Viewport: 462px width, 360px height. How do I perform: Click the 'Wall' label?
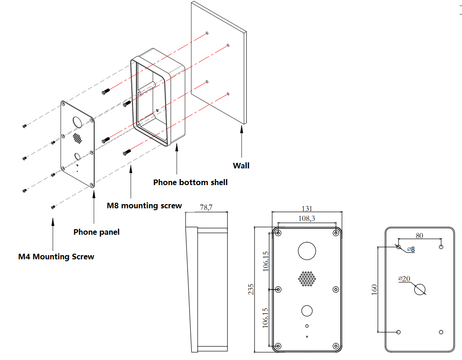241,166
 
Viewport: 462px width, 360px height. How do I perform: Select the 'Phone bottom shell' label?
190,182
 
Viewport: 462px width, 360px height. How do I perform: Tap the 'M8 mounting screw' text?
144,206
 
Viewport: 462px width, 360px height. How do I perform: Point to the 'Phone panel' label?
96,232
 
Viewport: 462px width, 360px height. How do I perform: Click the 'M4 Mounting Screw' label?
56,257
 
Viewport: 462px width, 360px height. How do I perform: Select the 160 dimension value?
374,289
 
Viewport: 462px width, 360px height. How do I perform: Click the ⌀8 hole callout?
411,250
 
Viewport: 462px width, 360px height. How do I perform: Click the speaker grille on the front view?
307,279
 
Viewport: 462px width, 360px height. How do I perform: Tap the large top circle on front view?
307,251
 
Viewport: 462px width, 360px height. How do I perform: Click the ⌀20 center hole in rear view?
419,289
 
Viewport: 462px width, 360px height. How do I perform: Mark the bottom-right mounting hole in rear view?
441,332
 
